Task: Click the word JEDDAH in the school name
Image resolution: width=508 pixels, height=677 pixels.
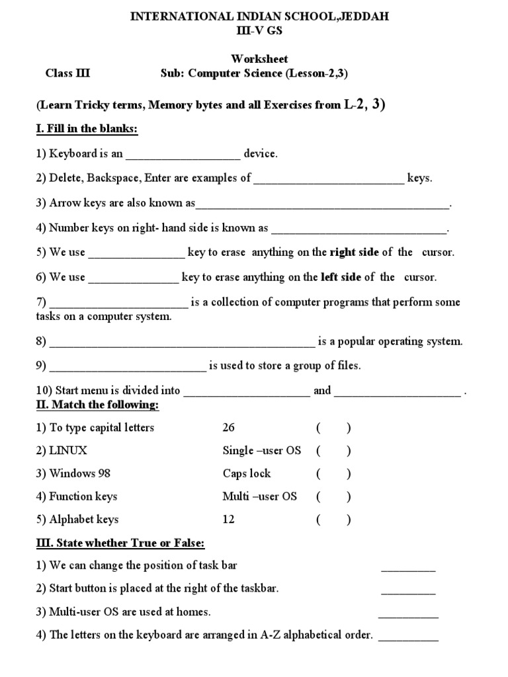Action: coord(360,17)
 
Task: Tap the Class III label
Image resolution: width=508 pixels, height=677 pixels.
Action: coord(67,73)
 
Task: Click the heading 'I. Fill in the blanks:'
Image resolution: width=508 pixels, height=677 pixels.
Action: coord(87,129)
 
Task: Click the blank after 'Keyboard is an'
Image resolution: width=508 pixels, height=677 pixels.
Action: coord(183,155)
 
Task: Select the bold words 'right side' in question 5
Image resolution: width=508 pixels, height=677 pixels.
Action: coord(353,252)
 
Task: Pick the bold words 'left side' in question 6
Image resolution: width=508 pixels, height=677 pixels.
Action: coord(341,277)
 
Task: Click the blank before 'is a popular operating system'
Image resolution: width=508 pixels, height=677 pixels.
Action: coord(183,342)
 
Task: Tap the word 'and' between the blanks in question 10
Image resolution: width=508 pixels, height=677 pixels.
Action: coord(322,391)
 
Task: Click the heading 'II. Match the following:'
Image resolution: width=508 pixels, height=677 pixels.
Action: coord(97,404)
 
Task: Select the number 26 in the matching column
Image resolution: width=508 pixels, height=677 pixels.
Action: coord(229,428)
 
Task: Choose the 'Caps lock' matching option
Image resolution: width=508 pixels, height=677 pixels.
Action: coord(247,473)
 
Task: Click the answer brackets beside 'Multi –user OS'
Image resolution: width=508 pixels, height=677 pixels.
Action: coord(333,497)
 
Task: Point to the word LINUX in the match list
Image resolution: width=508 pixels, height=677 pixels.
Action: coord(68,451)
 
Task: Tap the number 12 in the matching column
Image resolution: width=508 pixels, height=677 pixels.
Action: coord(229,520)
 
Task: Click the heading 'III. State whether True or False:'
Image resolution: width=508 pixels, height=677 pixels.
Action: coord(120,543)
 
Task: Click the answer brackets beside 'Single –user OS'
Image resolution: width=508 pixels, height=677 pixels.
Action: coord(333,451)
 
